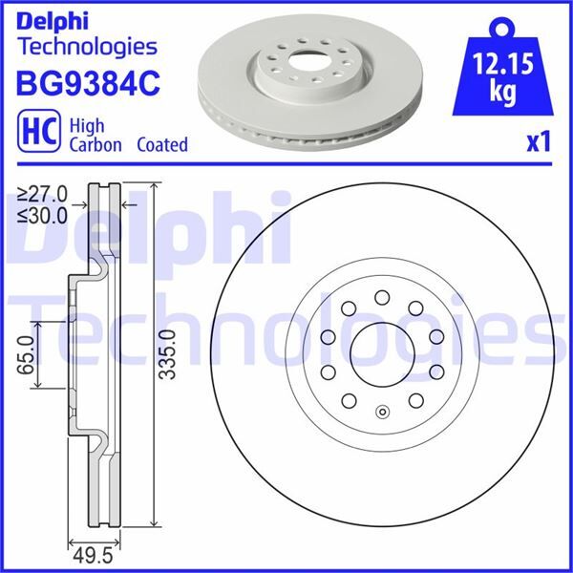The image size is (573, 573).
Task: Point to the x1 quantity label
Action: (x=539, y=142)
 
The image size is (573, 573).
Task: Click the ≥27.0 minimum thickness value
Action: (x=41, y=196)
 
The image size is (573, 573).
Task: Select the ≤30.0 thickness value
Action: (x=41, y=215)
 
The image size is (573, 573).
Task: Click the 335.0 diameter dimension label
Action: (x=169, y=354)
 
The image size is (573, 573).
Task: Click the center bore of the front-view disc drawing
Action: (x=381, y=353)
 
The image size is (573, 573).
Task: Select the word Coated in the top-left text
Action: (x=161, y=145)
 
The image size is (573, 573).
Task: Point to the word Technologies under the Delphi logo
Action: (x=87, y=45)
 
